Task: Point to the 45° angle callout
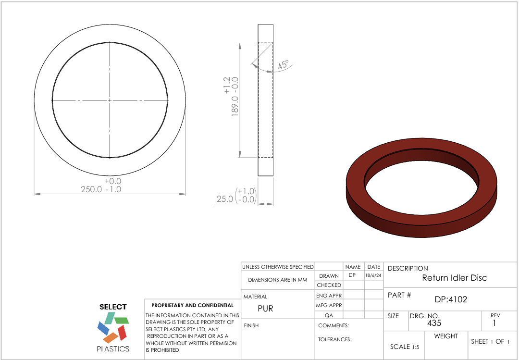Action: click(x=284, y=65)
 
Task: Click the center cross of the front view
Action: click(x=110, y=100)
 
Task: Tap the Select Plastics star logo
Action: click(x=113, y=328)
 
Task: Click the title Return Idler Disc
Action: click(x=454, y=278)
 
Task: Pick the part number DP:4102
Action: click(x=451, y=299)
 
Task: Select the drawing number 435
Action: click(x=434, y=323)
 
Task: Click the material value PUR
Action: click(x=265, y=309)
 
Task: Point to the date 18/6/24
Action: click(x=373, y=276)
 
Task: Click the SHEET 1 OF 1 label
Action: click(x=490, y=341)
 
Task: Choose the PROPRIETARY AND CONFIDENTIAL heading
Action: click(x=192, y=305)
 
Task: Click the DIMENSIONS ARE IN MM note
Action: click(x=277, y=280)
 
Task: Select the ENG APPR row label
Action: click(x=329, y=296)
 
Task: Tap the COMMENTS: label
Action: click(x=334, y=325)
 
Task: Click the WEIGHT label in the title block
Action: click(x=446, y=336)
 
